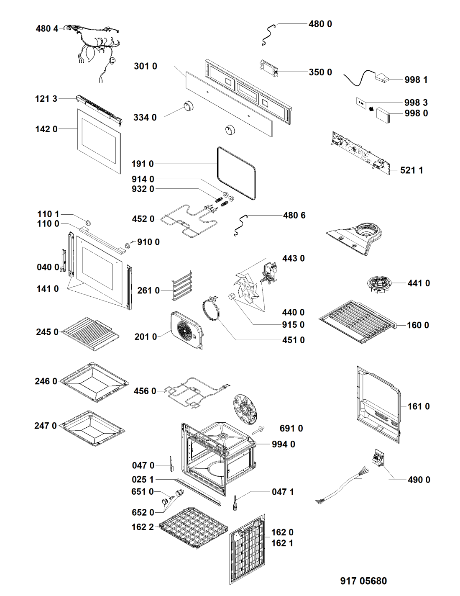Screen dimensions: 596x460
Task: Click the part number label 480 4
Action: click(47, 28)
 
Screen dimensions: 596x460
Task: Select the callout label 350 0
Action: click(320, 72)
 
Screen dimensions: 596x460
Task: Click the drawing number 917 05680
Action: click(363, 581)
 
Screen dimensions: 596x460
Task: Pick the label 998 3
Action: click(416, 103)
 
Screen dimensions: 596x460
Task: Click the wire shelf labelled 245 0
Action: click(90, 334)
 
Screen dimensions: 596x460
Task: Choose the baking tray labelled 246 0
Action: click(94, 382)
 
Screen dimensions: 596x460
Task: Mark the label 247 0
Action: click(45, 426)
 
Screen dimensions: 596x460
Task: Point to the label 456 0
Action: click(145, 391)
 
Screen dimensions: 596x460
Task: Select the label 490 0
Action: click(419, 480)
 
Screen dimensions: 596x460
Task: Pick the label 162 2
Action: click(143, 527)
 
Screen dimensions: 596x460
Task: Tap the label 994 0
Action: click(283, 444)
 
